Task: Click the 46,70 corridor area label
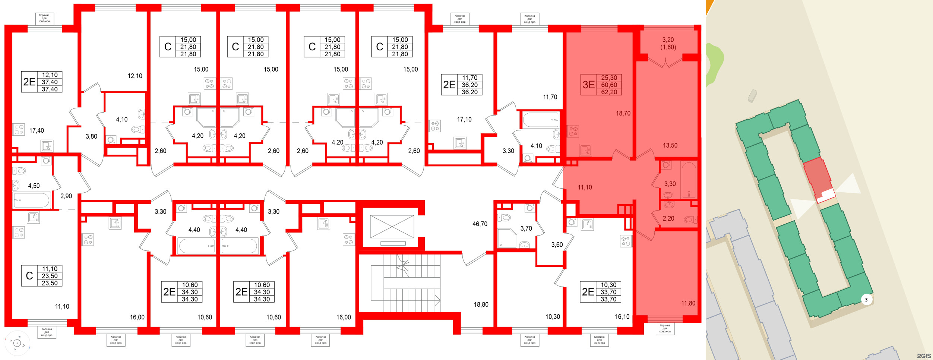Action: (x=480, y=224)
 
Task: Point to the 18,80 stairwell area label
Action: (x=481, y=304)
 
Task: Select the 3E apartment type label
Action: (x=588, y=85)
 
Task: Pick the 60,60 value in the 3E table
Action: (x=609, y=85)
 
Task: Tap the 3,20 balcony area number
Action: (x=668, y=40)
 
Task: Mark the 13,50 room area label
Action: (x=670, y=145)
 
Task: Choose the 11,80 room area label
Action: (x=688, y=303)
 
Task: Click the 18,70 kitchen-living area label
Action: (x=623, y=113)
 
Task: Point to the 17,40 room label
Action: (x=37, y=130)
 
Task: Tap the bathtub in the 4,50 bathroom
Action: (x=32, y=200)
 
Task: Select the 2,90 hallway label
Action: (x=66, y=196)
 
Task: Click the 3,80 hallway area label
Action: (x=91, y=136)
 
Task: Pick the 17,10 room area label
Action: (x=464, y=119)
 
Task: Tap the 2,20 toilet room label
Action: (x=668, y=218)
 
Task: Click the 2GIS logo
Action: (x=924, y=356)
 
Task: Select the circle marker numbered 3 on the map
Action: (x=866, y=300)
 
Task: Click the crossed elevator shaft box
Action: (x=392, y=227)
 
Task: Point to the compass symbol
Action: (x=17, y=343)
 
